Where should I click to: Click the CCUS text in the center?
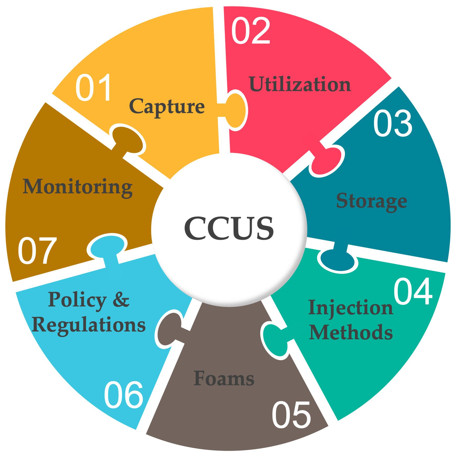[229, 228]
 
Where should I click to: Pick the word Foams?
[224, 378]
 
